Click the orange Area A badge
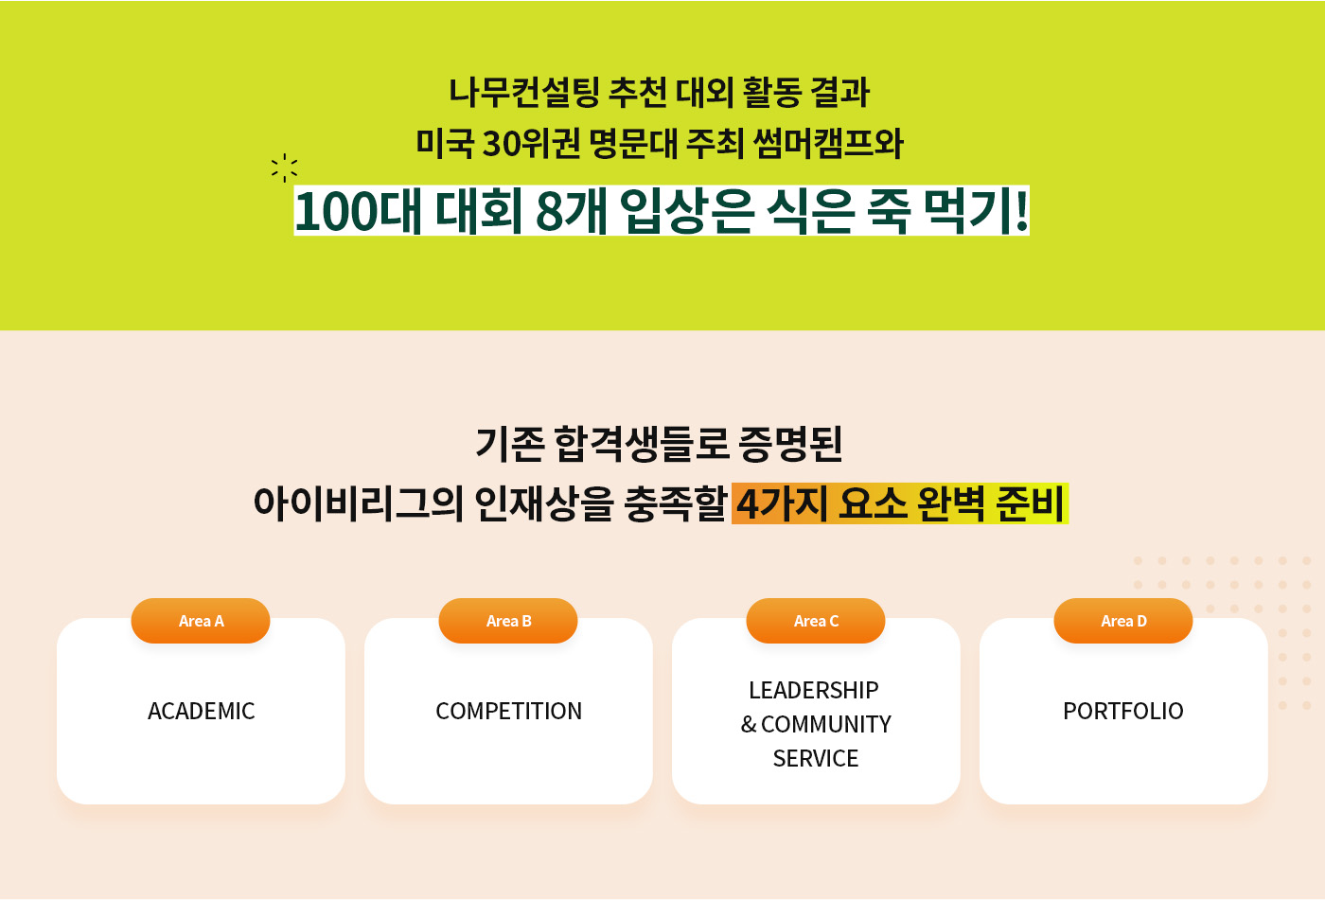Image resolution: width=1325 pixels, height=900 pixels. point(201,620)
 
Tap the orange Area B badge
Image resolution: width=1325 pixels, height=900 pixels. point(508,620)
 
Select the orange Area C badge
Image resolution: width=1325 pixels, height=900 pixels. point(816,620)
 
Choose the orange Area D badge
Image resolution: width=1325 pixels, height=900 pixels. point(1123,620)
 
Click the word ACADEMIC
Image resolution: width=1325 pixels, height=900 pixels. point(201,711)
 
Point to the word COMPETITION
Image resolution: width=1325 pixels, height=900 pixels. point(509,711)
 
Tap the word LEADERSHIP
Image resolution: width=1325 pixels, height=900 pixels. point(814,690)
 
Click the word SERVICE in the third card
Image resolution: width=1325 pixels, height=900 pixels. point(816,758)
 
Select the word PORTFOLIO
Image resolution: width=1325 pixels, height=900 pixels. point(1123,711)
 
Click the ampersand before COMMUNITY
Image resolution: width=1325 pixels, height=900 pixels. point(749,724)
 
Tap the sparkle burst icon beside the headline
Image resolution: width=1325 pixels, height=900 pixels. point(285,168)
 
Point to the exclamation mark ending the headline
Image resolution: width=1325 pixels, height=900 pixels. point(1021,210)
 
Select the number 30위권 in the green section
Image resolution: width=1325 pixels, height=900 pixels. point(531,143)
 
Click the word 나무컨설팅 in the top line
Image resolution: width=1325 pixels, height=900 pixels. point(524,92)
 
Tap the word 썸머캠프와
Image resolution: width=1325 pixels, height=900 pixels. point(829,143)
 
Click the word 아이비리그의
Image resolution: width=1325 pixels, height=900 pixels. point(359,503)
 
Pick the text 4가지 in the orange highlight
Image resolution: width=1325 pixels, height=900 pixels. point(782,503)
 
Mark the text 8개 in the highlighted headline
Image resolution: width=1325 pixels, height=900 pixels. point(572,211)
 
